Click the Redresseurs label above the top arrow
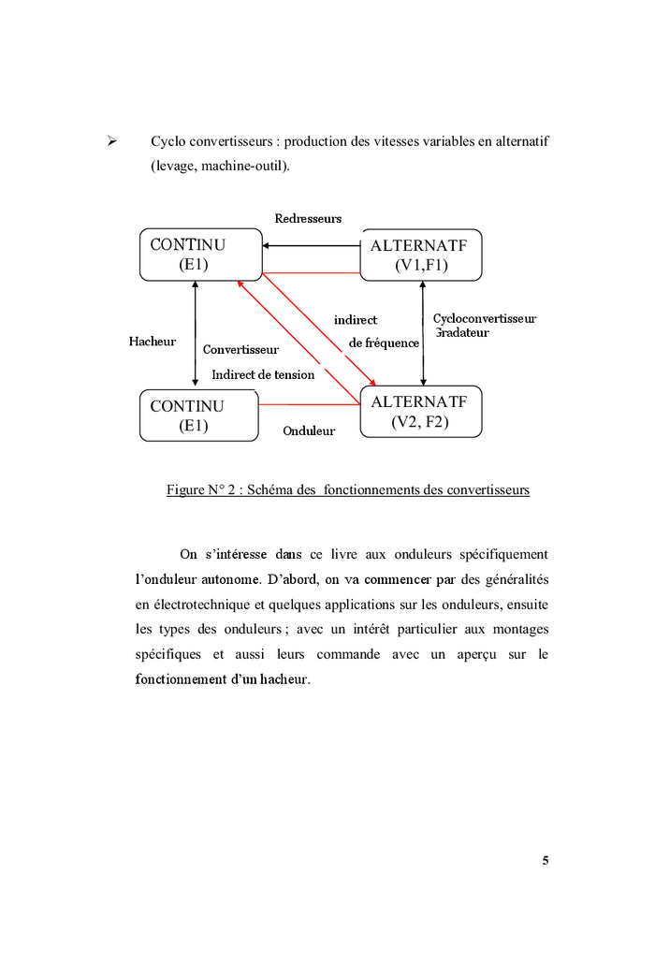tap(308, 219)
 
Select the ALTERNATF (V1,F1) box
tap(421, 255)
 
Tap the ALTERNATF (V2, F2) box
tap(421, 412)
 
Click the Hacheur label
tap(153, 342)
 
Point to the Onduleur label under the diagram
tap(309, 431)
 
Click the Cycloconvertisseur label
tap(485, 319)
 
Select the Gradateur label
tap(462, 332)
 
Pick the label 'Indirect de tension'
tap(263, 374)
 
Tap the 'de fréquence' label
tap(384, 343)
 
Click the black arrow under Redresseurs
tap(312, 246)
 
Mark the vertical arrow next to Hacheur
tap(196, 332)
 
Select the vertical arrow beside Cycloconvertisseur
tap(424, 333)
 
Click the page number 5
tap(546, 861)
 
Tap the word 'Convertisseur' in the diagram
tap(240, 350)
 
